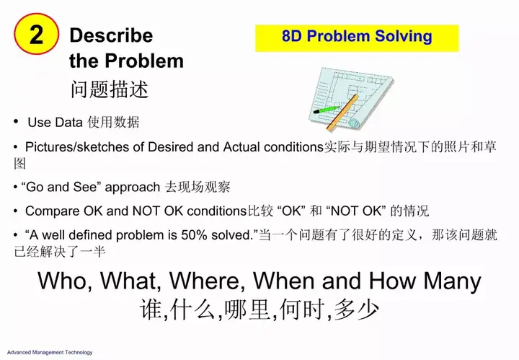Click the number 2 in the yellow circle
36,35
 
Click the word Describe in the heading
111,35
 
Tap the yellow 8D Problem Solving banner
357,38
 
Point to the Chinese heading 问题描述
110,89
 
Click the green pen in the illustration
326,110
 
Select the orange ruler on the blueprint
342,113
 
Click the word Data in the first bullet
68,122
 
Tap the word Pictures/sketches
77,146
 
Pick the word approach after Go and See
133,188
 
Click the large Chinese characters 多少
357,310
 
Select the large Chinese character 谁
151,310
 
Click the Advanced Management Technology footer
50,352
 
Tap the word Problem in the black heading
144,61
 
